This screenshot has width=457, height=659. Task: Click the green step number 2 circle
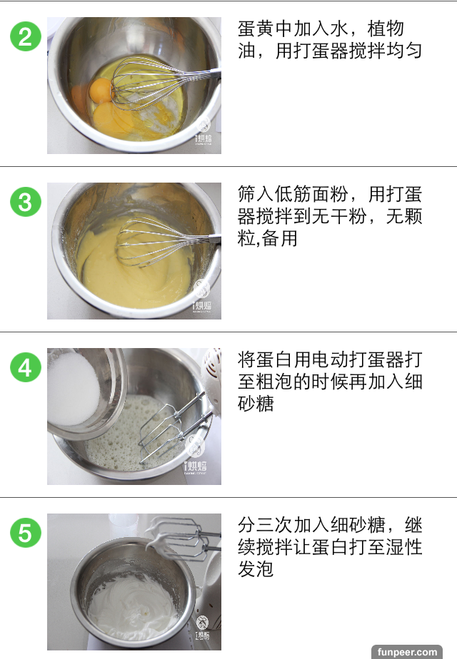pyautogui.click(x=26, y=36)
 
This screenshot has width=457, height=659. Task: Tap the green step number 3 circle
pyautogui.click(x=26, y=201)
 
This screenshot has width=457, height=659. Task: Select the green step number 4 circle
pyautogui.click(x=26, y=367)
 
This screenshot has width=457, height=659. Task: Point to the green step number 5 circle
pyautogui.click(x=26, y=532)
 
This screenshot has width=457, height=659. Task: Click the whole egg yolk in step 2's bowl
pyautogui.click(x=101, y=90)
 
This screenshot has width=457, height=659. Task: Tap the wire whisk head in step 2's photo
pyautogui.click(x=147, y=83)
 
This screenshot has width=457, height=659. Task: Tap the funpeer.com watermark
pyautogui.click(x=407, y=652)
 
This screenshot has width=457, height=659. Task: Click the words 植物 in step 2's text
pyautogui.click(x=386, y=29)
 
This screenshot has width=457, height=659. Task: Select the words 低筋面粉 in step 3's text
pyautogui.click(x=311, y=194)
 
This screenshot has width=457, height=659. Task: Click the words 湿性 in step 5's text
pyautogui.click(x=404, y=547)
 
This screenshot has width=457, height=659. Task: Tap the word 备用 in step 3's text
pyautogui.click(x=279, y=238)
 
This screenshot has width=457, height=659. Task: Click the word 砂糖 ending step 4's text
pyautogui.click(x=256, y=404)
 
